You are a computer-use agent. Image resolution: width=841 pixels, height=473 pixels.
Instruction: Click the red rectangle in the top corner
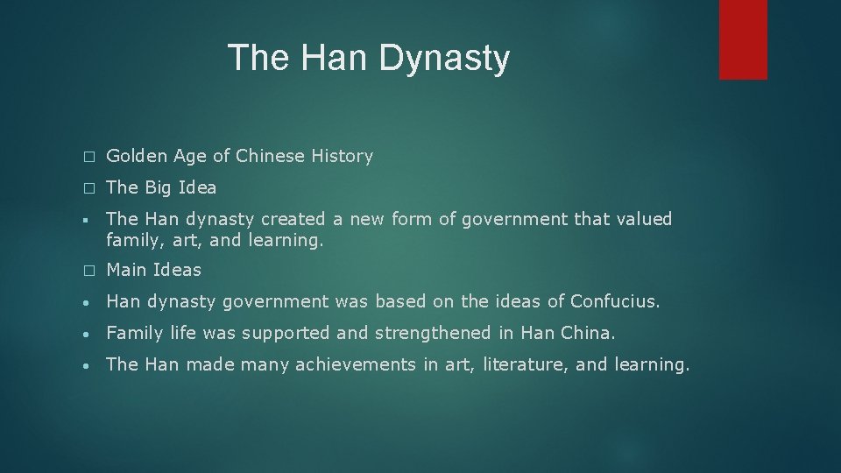[x=743, y=39]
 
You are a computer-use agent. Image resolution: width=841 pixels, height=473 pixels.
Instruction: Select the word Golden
[x=133, y=157]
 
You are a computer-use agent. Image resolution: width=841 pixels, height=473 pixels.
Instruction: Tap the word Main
[x=126, y=270]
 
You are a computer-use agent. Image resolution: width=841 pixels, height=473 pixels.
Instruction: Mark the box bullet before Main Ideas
[x=87, y=271]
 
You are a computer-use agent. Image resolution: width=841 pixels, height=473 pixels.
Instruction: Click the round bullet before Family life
[x=87, y=334]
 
